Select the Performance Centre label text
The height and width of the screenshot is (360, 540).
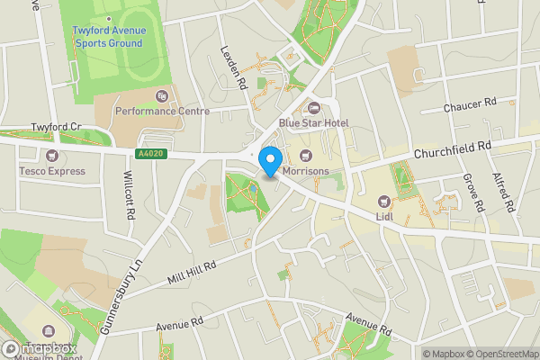click(x=162, y=112)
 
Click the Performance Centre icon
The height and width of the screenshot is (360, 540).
click(x=162, y=95)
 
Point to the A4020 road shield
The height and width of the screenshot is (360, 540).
click(x=151, y=154)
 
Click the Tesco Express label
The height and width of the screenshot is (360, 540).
click(x=53, y=170)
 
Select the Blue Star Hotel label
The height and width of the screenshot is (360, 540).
click(x=313, y=123)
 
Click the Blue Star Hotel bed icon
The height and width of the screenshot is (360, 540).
click(x=313, y=108)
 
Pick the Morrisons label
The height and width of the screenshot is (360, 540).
click(x=307, y=170)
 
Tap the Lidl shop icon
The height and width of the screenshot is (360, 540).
click(x=384, y=201)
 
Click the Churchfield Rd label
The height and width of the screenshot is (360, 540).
click(x=452, y=149)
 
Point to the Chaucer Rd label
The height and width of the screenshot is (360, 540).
click(x=470, y=105)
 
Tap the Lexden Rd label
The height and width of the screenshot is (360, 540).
click(x=234, y=67)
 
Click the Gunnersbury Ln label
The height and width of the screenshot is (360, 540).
click(x=122, y=296)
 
